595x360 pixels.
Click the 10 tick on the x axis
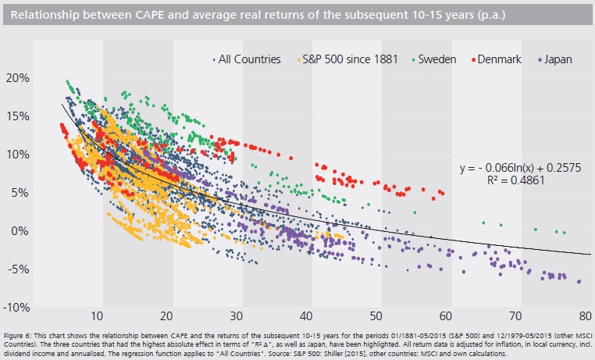point(97,316)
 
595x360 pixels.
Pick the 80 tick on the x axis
point(583,316)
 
